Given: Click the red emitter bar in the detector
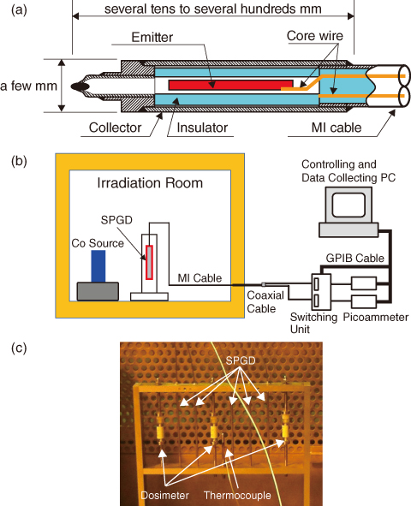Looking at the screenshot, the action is pyautogui.click(x=230, y=85).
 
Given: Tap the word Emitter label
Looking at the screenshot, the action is pyautogui.click(x=152, y=37).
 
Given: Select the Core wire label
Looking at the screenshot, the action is pyautogui.click(x=314, y=35).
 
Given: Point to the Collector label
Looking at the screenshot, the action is pyautogui.click(x=115, y=128).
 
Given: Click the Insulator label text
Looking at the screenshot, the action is pyautogui.click(x=202, y=128).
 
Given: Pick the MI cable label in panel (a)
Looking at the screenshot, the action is pyautogui.click(x=337, y=128).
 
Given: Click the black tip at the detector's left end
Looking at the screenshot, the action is pyautogui.click(x=80, y=86).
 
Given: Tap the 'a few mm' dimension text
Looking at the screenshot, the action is pyautogui.click(x=28, y=86).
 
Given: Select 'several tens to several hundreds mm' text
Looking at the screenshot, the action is pyautogui.click(x=213, y=9).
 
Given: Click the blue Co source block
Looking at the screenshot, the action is pyautogui.click(x=98, y=266).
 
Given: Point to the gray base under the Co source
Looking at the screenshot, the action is pyautogui.click(x=98, y=291).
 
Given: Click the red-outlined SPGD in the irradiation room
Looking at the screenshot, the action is pyautogui.click(x=149, y=262).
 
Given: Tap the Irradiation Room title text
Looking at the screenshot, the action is pyautogui.click(x=150, y=183).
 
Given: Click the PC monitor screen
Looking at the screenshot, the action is pyautogui.click(x=348, y=205).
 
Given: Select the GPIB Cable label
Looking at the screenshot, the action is pyautogui.click(x=354, y=259).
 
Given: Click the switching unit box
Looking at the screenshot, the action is pyautogui.click(x=321, y=292).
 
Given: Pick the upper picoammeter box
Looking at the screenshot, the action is pyautogui.click(x=364, y=283).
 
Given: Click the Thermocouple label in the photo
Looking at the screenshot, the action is pyautogui.click(x=237, y=495).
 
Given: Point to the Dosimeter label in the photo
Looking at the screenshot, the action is pyautogui.click(x=164, y=495).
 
